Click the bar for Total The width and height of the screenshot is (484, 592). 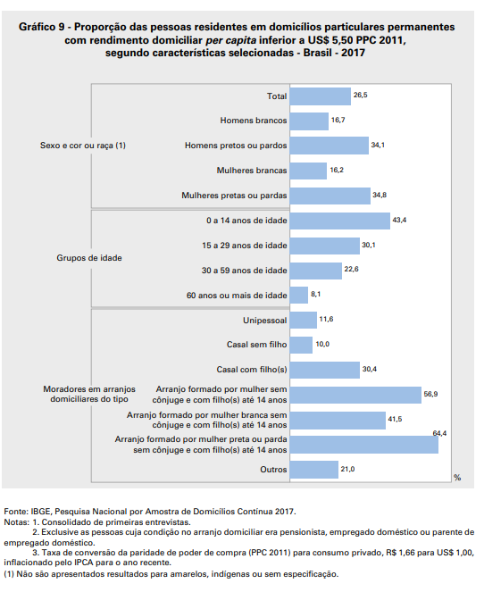coord(321,96)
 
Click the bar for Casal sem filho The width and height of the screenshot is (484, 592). coord(302,345)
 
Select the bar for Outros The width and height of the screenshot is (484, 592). coord(314,469)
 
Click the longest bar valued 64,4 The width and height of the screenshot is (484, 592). coord(364,444)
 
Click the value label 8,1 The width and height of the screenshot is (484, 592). coord(315,292)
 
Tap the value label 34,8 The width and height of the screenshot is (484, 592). coord(379,194)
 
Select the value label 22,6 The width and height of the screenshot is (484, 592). coord(351,267)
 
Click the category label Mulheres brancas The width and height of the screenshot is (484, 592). coord(252,171)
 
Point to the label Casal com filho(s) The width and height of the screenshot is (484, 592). coord(252,370)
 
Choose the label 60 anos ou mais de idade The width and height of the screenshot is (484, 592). coord(237,295)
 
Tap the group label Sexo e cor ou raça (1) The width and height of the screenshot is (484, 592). coord(83,145)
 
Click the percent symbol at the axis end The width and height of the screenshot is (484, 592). coord(457,479)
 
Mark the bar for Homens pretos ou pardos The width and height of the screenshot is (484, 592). coord(330,146)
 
